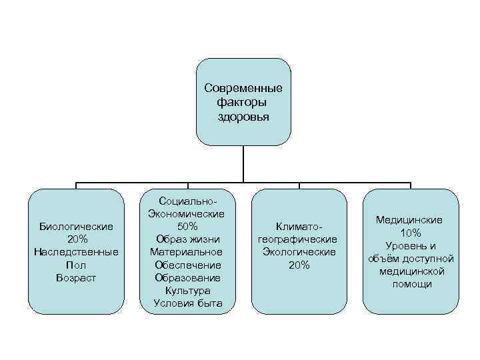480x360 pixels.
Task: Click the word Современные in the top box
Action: click(243, 89)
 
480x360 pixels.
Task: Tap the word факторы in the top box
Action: click(243, 103)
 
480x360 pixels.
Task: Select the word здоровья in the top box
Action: click(243, 116)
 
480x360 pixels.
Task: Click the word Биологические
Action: click(76, 227)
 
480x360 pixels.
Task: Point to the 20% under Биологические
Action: click(76, 239)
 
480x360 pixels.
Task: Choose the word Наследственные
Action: click(76, 252)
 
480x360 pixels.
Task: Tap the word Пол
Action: click(76, 265)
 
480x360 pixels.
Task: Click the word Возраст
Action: click(76, 277)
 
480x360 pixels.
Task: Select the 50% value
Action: click(187, 227)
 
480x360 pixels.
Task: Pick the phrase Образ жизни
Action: click(187, 239)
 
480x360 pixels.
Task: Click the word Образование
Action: click(187, 277)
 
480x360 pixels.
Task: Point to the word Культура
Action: click(187, 291)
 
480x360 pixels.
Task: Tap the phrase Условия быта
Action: click(187, 303)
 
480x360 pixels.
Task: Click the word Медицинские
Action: click(410, 220)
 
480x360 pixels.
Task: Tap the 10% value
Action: click(410, 233)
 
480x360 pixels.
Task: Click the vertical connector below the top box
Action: click(243, 163)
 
